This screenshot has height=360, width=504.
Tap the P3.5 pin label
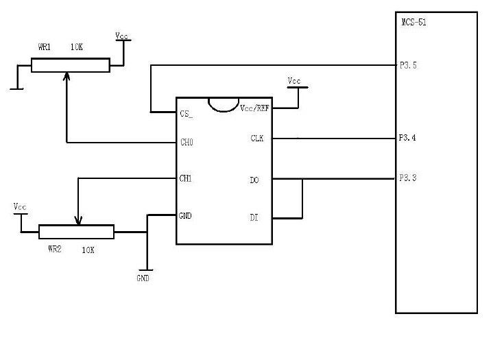408,66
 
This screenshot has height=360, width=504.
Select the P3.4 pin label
407,138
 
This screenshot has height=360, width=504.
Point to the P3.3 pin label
407,178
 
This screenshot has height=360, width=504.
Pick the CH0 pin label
186,143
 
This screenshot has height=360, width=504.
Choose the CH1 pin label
185,178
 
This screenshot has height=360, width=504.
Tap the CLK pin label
257,139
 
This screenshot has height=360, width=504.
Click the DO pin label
254,180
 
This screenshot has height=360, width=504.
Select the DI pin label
254,218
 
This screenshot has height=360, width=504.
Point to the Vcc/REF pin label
254,108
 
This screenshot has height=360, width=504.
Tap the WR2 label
55,250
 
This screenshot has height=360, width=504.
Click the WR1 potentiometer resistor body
70,65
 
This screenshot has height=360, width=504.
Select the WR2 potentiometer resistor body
76,232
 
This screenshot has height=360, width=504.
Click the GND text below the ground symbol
143,278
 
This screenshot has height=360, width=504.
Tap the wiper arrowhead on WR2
79,221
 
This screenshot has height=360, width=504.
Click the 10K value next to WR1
77,48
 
